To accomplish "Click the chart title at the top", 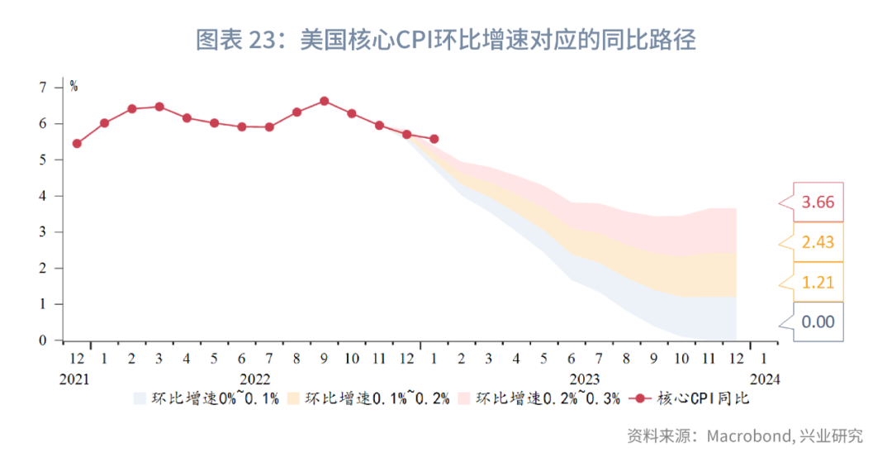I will (445, 40).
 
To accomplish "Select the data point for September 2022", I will (324, 101).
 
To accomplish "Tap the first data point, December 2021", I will (77, 143).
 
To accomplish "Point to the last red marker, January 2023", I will (434, 139).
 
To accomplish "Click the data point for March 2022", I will (159, 107).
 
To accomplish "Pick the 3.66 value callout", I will (817, 203).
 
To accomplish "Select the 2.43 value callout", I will (817, 242).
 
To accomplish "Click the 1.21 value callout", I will (817, 282).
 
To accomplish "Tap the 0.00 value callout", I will (817, 322).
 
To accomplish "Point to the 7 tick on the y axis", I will (43, 87).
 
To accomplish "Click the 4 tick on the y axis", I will (43, 196).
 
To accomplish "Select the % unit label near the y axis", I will (74, 86).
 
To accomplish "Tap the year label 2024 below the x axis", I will (763, 379).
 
